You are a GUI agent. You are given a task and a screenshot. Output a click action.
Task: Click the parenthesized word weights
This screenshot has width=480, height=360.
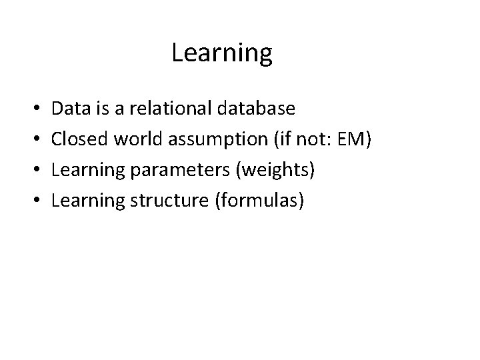pyautogui.click(x=273, y=169)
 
